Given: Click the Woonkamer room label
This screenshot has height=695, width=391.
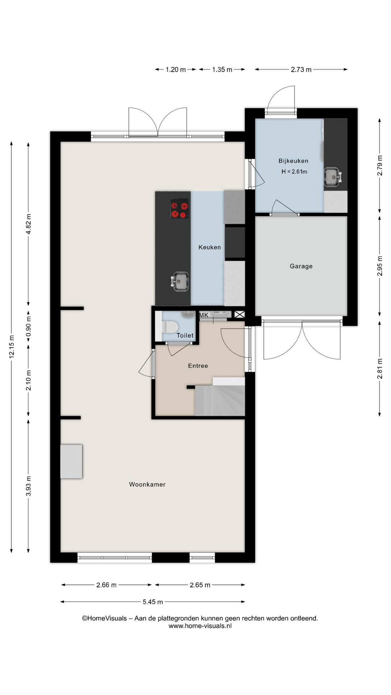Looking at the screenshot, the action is [147, 484].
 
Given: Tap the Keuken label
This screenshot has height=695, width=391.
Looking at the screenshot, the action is [209, 247].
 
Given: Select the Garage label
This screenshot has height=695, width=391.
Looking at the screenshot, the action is [301, 266].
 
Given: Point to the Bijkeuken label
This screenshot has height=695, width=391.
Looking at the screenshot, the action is [293, 161].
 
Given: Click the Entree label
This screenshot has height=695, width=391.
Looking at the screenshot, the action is [198, 366].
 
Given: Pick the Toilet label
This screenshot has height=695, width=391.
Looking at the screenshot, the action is [185, 336].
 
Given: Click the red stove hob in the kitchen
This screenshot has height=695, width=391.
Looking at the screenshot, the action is [180, 208].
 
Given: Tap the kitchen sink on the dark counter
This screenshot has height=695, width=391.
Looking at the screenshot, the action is [180, 281].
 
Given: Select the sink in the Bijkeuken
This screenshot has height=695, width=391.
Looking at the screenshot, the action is [333, 177].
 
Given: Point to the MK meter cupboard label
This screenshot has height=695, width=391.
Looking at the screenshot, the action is [204, 315].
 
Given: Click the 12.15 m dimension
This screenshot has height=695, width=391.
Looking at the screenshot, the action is [12, 346].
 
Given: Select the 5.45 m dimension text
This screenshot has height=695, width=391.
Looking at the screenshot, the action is [153, 602].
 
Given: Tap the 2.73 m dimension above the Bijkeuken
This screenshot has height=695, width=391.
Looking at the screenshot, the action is [301, 69].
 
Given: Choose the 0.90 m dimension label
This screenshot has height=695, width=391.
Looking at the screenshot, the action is [29, 327].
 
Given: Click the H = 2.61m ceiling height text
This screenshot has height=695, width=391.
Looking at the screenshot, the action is [294, 172].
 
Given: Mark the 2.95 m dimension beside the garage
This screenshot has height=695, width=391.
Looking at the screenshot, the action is [380, 266].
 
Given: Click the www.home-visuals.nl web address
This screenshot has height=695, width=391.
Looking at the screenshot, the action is [200, 626].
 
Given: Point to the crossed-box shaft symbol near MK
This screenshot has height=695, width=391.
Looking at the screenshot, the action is [239, 315].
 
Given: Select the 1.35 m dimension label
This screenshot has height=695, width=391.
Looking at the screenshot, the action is [222, 69].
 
